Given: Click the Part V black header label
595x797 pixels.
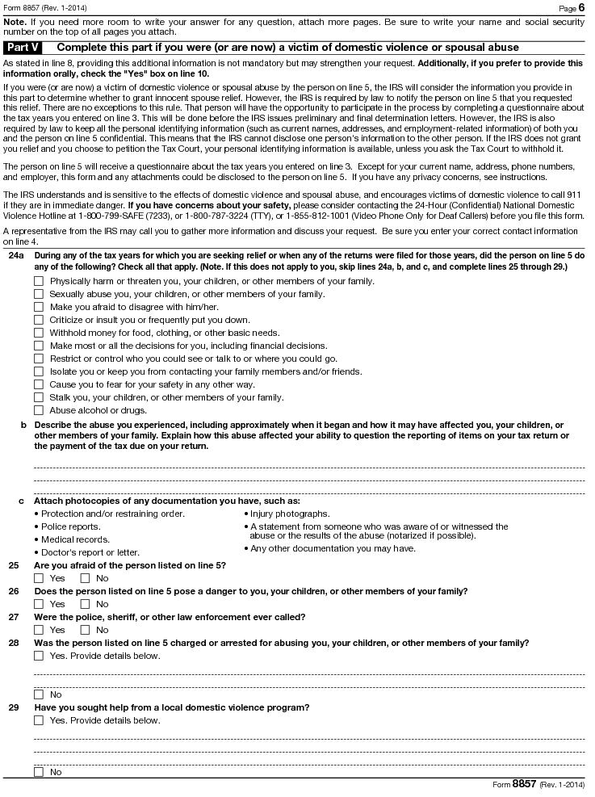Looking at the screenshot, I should pyautogui.click(x=23, y=48).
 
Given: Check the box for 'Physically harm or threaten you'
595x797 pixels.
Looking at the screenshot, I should pyautogui.click(x=39, y=281).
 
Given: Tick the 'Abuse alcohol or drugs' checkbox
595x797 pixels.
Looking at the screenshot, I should pyautogui.click(x=39, y=410).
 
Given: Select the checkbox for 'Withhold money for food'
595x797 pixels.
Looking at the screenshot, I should pyautogui.click(x=39, y=333).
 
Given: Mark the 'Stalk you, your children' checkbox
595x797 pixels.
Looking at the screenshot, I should pyautogui.click(x=39, y=397).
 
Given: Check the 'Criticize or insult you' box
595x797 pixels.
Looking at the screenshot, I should pyautogui.click(x=39, y=320).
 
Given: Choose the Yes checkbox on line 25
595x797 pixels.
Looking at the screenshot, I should pyautogui.click(x=39, y=578).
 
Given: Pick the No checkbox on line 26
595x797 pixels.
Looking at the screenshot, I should pyautogui.click(x=86, y=604).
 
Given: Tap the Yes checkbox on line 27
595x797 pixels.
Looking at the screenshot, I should pyautogui.click(x=39, y=630).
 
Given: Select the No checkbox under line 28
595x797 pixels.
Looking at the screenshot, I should pyautogui.click(x=39, y=694).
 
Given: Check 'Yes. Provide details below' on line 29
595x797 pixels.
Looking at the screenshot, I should pyautogui.click(x=39, y=720).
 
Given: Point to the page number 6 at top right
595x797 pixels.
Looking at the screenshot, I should pyautogui.click(x=581, y=7).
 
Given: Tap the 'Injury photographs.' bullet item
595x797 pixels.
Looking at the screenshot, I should pyautogui.click(x=289, y=514).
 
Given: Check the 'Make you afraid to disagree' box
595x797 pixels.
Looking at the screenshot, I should pyautogui.click(x=39, y=307).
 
